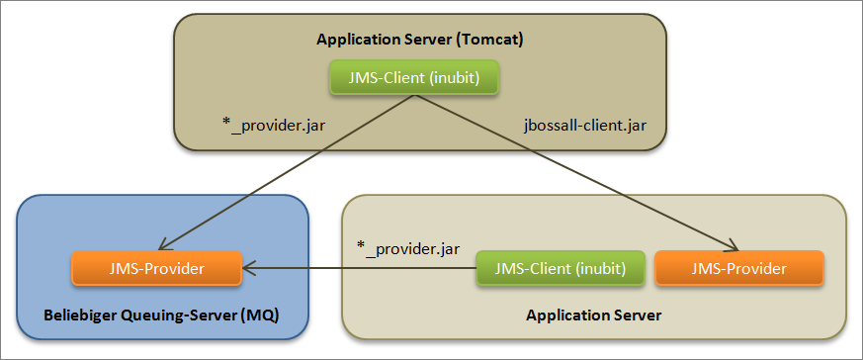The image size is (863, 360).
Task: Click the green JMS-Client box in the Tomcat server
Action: (412, 77)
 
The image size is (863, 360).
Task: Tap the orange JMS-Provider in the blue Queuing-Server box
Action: (156, 267)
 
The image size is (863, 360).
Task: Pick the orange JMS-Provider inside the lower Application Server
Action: (739, 267)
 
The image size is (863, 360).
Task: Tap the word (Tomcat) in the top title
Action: (490, 40)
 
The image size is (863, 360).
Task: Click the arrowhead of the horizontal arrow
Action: (250, 267)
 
